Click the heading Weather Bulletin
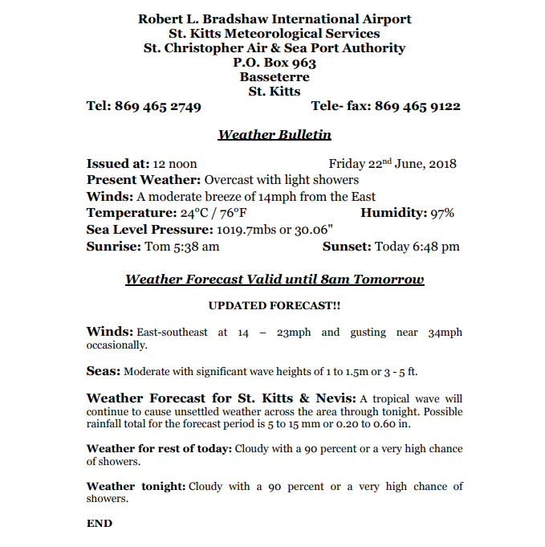275,135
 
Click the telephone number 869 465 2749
158,106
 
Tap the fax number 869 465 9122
417,106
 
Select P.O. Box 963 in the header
275,63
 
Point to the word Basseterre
275,77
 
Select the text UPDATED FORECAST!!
275,306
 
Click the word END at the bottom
100,523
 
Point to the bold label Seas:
104,371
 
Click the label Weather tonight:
136,486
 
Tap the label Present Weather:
144,180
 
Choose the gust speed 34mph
445,332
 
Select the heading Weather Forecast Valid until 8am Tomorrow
275,280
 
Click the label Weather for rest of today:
159,448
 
